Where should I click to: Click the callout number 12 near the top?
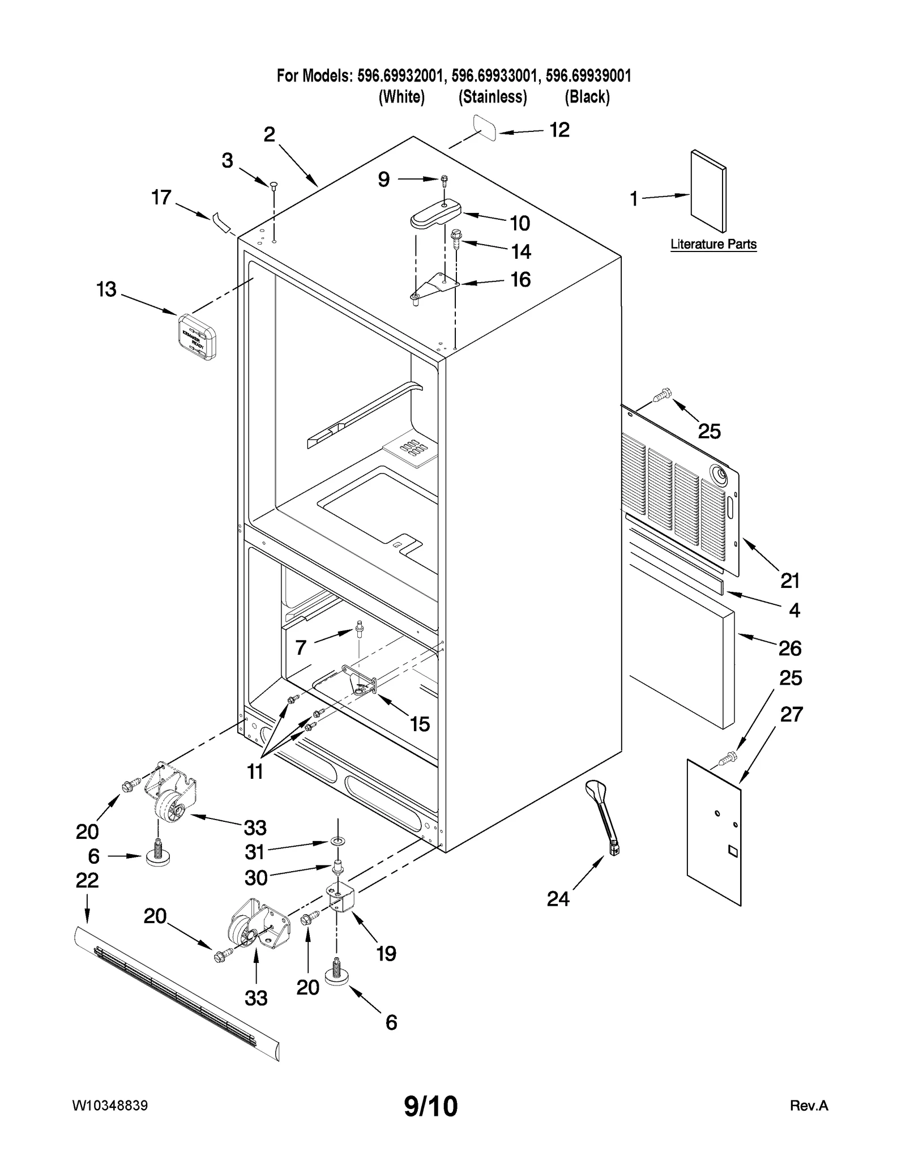pos(559,130)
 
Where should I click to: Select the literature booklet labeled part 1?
pos(708,191)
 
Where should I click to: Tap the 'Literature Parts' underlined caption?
pos(713,244)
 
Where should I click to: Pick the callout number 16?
pos(520,279)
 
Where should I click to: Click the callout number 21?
pos(790,581)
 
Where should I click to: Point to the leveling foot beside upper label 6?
pos(156,856)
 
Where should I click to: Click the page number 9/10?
pos(431,1106)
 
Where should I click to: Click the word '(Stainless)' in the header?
pos(493,97)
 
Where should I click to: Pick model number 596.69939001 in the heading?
pos(588,75)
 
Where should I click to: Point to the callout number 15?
pos(420,724)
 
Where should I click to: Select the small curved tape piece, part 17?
pos(222,222)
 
